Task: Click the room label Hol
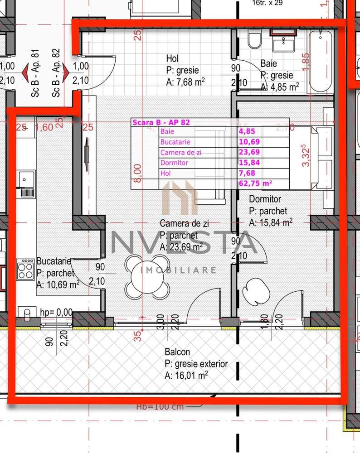(172, 58)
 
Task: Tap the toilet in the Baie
(255, 40)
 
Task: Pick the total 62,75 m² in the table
(255, 183)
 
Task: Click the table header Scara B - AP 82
(161, 122)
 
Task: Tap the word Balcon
(178, 352)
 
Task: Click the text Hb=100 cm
(160, 406)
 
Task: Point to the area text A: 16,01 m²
(186, 375)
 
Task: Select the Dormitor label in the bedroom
(265, 199)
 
